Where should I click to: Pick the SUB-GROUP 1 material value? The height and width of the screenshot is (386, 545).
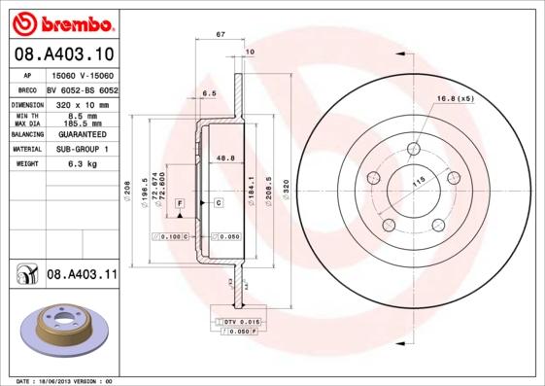point(81,150)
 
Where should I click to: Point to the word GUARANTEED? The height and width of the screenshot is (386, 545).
point(81,134)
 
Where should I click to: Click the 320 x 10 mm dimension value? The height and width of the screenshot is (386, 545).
point(81,103)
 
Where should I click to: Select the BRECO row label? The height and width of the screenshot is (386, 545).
point(26,88)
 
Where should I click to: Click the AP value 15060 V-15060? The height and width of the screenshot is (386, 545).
point(81,75)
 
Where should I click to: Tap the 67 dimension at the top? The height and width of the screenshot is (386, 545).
point(221,35)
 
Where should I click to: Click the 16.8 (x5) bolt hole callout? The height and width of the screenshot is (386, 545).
point(455,99)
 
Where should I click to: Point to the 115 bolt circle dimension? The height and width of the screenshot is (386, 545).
point(420,182)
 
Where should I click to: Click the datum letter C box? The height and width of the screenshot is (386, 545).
point(219,202)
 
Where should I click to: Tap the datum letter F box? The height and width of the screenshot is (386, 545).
point(180,202)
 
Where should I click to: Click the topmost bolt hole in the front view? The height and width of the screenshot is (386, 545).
point(414,149)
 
